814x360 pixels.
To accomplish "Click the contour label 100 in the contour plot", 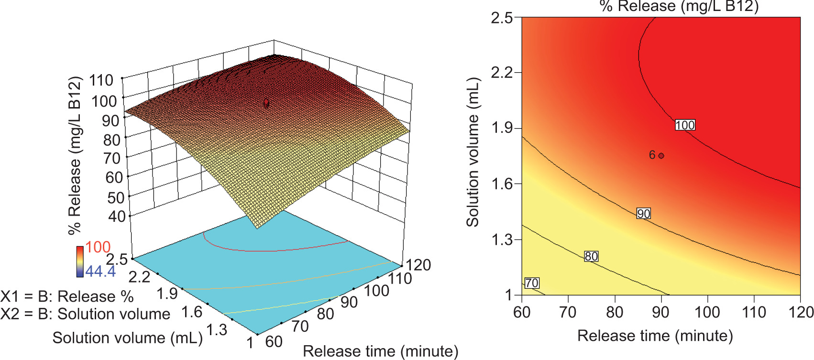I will coord(685,125).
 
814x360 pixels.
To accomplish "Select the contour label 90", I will coord(643,214).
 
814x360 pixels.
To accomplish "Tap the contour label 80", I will coord(591,257).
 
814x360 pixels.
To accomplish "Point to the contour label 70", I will coord(532,283).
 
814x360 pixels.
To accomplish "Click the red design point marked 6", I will coord(661,155).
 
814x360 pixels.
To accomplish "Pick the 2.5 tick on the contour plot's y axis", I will coord(502,18).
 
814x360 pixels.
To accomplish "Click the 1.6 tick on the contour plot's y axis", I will coord(502,184).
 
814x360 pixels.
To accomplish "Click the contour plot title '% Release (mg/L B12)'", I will coord(679,7).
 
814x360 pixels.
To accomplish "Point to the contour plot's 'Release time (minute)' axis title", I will coord(655,336).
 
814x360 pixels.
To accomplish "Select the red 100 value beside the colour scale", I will coord(98,247).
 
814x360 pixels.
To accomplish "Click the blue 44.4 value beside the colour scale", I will coord(100,272).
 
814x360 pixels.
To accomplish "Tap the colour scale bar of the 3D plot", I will coord(79,262).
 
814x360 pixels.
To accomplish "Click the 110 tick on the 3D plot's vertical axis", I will coord(101,80).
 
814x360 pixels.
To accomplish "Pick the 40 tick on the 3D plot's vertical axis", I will coord(117,217).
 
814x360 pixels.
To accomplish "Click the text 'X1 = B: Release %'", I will coord(67,296).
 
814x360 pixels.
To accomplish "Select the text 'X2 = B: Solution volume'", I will coord(85,314).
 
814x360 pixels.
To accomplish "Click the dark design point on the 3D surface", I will coord(266,103).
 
